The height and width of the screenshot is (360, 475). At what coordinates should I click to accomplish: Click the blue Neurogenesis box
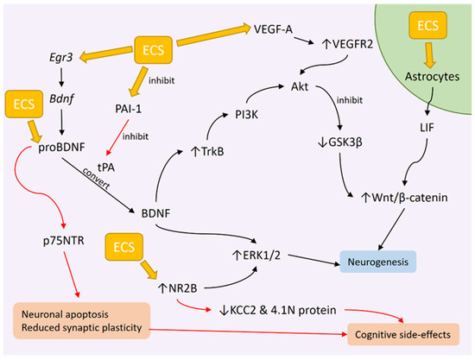(378, 262)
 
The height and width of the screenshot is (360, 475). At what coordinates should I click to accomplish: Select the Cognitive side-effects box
(403, 335)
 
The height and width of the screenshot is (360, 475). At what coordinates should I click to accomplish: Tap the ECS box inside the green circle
(428, 25)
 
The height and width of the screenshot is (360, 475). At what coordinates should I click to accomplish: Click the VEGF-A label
(273, 29)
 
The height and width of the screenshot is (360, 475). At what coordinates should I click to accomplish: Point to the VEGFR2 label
(347, 45)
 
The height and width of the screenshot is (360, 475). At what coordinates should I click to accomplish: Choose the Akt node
(300, 86)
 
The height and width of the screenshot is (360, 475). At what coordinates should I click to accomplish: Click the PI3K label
(247, 115)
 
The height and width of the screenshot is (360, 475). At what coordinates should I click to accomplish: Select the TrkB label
(208, 151)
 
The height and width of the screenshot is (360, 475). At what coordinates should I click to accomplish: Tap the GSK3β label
(340, 142)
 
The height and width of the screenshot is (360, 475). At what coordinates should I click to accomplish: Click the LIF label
(427, 128)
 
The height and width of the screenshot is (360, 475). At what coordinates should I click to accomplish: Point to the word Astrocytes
(433, 76)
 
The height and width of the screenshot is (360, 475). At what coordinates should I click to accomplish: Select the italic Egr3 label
(61, 57)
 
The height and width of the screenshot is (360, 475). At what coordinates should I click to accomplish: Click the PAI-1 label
(128, 109)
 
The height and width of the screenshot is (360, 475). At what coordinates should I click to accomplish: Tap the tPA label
(106, 167)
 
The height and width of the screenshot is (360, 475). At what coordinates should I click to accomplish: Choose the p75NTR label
(64, 241)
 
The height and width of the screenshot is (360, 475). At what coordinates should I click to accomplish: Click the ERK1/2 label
(256, 256)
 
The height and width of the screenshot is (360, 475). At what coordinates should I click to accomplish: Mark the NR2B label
(178, 288)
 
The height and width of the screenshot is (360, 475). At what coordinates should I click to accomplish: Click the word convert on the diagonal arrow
(96, 178)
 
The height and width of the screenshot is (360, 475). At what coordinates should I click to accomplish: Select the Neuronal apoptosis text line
(65, 314)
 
